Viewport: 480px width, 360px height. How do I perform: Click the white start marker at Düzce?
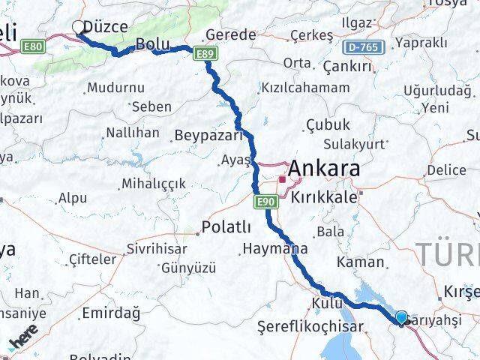pyautogui.click(x=79, y=28)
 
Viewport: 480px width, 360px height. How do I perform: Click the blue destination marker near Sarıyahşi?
pyautogui.click(x=402, y=319)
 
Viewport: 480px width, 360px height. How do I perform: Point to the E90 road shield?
pyautogui.click(x=265, y=202)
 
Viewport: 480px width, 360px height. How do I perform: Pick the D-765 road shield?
pyautogui.click(x=362, y=47)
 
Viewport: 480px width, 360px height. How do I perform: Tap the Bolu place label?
pyautogui.click(x=155, y=45)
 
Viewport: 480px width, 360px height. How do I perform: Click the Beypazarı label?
pyautogui.click(x=208, y=136)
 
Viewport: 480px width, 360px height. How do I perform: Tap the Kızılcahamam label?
pyautogui.click(x=304, y=88)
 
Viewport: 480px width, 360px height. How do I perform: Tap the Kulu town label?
pyautogui.click(x=328, y=304)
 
